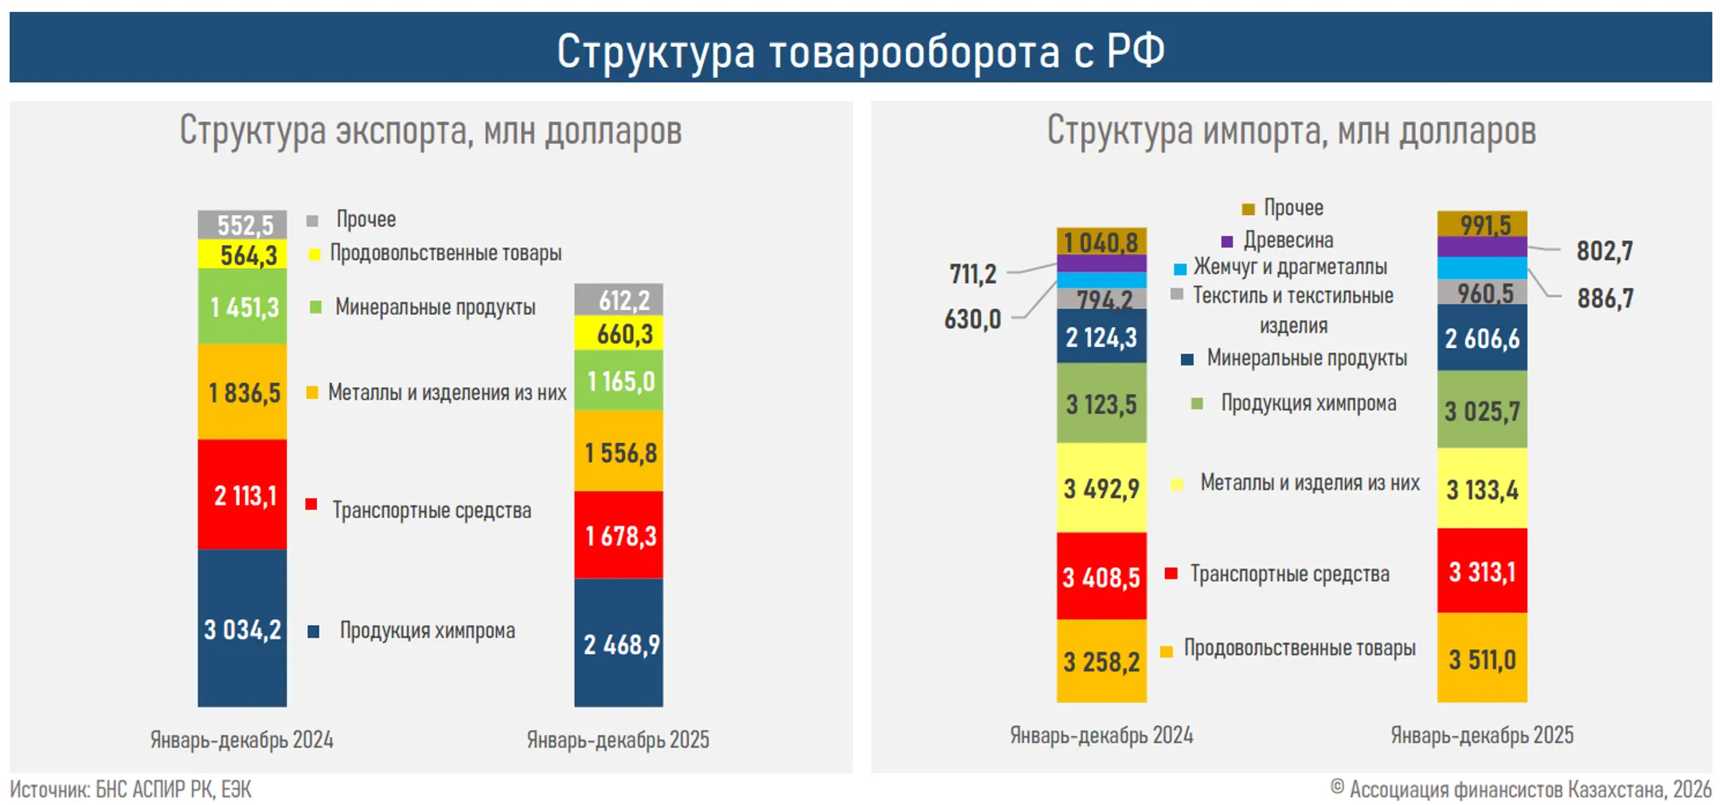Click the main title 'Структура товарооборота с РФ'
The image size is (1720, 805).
[x=860, y=50]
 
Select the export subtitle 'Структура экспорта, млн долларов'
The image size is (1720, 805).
[x=430, y=131]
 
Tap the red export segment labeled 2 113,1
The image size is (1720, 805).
[x=242, y=494]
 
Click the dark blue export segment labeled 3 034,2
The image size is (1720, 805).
[x=242, y=628]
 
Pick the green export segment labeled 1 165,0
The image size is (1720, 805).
[x=619, y=381]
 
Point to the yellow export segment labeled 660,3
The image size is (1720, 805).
[x=619, y=333]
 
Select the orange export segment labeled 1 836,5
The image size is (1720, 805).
[x=242, y=392]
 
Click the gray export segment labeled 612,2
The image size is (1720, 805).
[x=619, y=299]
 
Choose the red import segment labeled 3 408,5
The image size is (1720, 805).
[x=1101, y=576]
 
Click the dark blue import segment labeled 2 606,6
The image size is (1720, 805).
[x=1482, y=338]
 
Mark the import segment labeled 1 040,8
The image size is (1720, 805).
[x=1101, y=241]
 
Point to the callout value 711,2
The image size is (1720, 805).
[x=972, y=274]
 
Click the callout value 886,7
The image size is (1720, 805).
[x=1605, y=298]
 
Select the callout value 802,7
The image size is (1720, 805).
[x=1605, y=251]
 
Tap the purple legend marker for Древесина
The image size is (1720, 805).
[x=1227, y=240]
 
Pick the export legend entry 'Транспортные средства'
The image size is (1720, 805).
[x=432, y=510]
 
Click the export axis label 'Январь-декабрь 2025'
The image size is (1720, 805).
[x=618, y=740]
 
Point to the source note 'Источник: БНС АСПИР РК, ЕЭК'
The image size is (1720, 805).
[x=131, y=789]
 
